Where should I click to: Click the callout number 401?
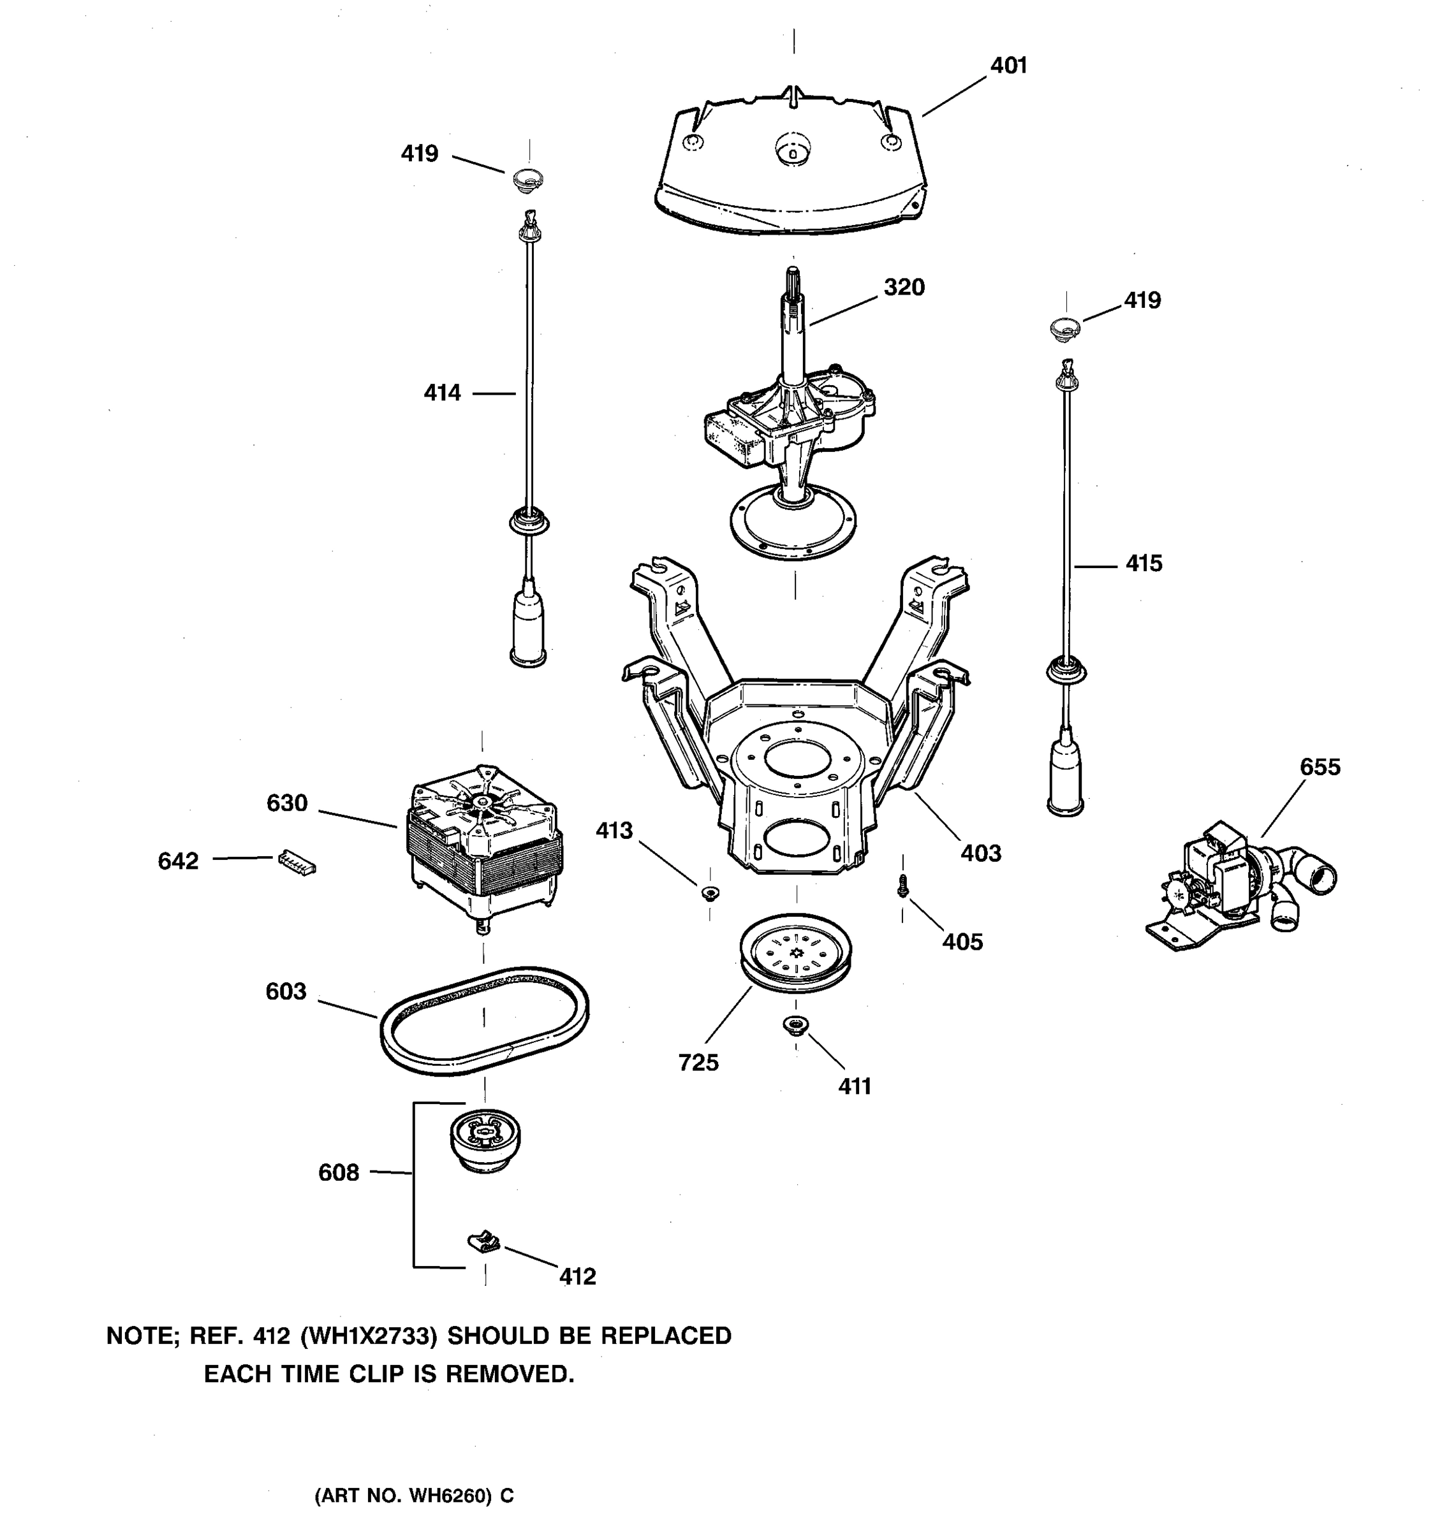(1008, 66)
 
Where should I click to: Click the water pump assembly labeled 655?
(1239, 885)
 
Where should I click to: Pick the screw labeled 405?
(903, 887)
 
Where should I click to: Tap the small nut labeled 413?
(710, 892)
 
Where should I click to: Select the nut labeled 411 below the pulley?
(795, 1024)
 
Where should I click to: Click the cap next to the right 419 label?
(1064, 328)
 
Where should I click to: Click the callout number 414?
(442, 393)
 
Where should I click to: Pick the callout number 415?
(1144, 564)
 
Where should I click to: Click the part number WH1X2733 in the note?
(368, 1336)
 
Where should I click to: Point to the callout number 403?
(981, 854)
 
